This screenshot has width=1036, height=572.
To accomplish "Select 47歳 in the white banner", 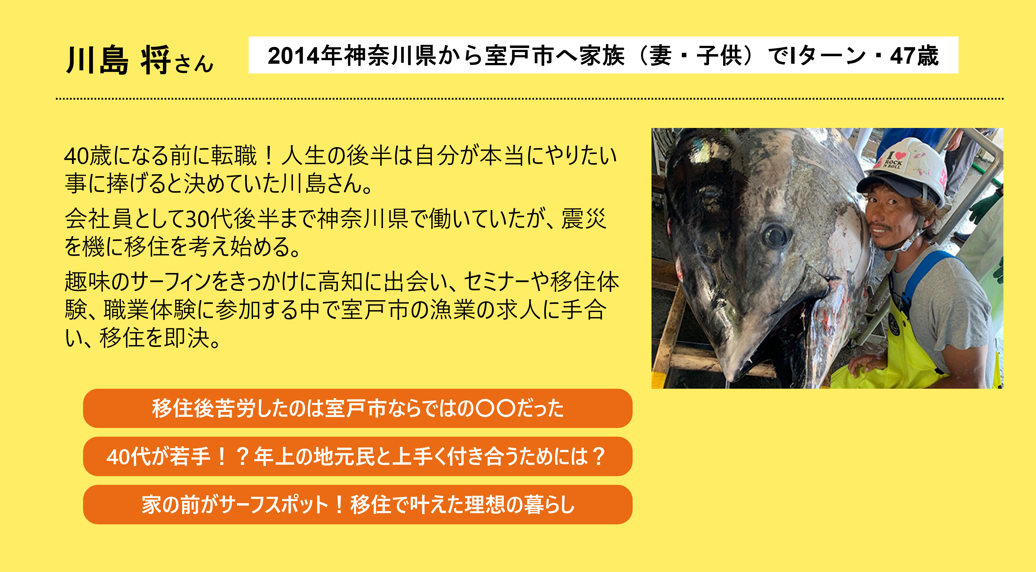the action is pyautogui.click(x=914, y=56).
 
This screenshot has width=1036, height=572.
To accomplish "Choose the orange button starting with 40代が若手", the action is pyautogui.click(x=357, y=456).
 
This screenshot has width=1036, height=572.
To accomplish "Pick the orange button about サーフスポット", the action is pyautogui.click(x=357, y=504).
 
